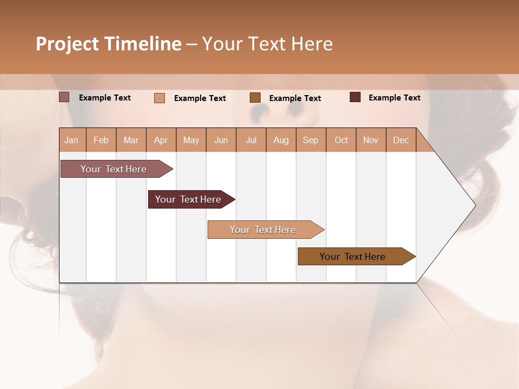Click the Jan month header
tap(72, 140)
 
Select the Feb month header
tap(101, 140)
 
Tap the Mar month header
tap(131, 140)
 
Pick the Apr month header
tap(161, 140)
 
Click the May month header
tap(191, 140)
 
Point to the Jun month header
tap(221, 140)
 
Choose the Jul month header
tap(251, 140)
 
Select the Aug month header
tap(281, 140)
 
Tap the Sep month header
tap(311, 140)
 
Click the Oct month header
tap(341, 140)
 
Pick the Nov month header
tap(371, 140)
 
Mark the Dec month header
tap(401, 140)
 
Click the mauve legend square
tap(64, 97)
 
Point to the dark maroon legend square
tap(355, 97)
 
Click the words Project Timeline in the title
tap(109, 44)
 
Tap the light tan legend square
tap(159, 98)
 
